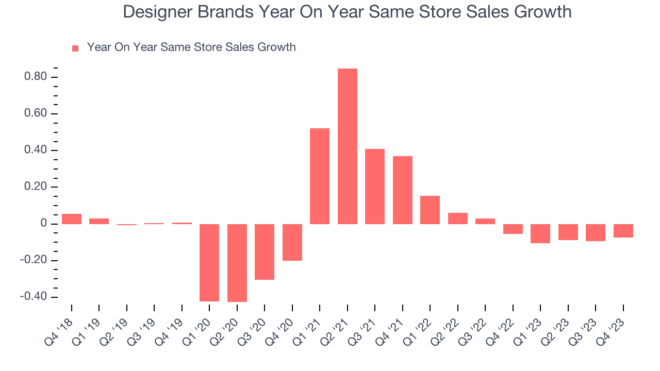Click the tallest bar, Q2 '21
click(x=347, y=146)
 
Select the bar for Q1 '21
click(x=320, y=176)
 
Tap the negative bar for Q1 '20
click(x=209, y=262)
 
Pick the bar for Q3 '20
click(x=265, y=251)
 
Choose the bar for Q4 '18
click(x=72, y=219)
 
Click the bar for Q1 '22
click(x=430, y=210)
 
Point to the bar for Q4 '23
click(x=623, y=230)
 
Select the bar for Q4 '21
click(x=402, y=190)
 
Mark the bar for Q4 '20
click(x=292, y=242)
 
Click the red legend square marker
click(x=75, y=48)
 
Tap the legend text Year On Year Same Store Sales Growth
click(x=191, y=47)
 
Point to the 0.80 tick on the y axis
click(x=36, y=77)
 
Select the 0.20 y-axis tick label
click(x=36, y=187)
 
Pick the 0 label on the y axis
click(x=44, y=224)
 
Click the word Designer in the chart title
click(x=157, y=12)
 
